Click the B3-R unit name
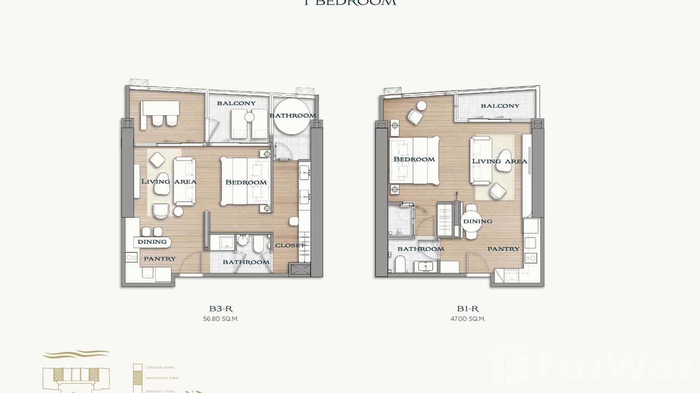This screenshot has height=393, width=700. click(x=221, y=309)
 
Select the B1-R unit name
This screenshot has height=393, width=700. click(x=468, y=309)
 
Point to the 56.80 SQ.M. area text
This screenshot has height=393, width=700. click(x=221, y=319)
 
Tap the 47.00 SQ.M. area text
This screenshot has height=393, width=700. click(x=468, y=319)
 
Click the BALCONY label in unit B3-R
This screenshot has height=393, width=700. click(x=236, y=103)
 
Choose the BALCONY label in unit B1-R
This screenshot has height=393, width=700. click(x=500, y=106)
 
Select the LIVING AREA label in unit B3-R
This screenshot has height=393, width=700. click(x=168, y=182)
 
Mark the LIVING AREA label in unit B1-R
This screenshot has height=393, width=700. click(x=499, y=161)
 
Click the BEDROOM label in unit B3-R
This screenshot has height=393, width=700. click(x=246, y=182)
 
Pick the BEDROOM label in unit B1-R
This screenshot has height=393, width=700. click(x=414, y=159)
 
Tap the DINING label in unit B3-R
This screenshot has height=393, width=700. click(x=152, y=242)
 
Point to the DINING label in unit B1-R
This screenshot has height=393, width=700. click(x=477, y=222)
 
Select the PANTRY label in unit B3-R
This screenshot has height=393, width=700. click(x=160, y=259)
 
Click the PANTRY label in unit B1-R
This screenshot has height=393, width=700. click(x=503, y=249)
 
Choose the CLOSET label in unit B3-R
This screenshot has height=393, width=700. click(x=289, y=245)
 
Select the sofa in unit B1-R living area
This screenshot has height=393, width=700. click(x=480, y=160)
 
